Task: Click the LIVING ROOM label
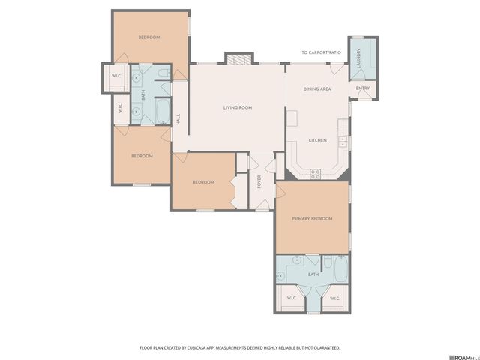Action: coord(237,107)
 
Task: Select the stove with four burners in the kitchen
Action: coord(316,173)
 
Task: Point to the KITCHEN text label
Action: coord(318,140)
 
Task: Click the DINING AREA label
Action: coord(317,89)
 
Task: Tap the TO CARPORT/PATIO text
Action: coord(321,52)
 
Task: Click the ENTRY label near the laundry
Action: coord(362,88)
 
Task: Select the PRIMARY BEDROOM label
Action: coord(312,218)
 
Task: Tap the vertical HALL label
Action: coord(178,118)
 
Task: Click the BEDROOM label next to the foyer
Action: coord(203,182)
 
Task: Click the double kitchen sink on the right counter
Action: coord(343,140)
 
